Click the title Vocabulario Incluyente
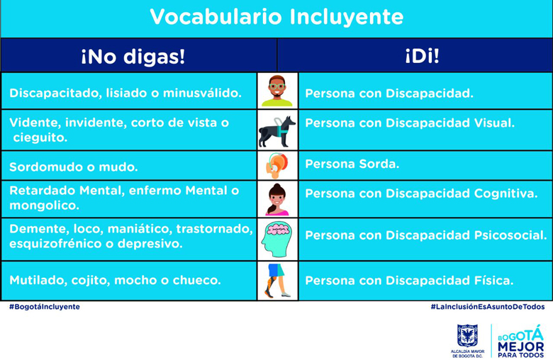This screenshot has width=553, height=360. [276, 17]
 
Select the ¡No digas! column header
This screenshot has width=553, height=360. [133, 57]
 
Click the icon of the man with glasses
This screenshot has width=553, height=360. [277, 91]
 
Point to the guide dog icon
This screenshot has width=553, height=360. [277, 130]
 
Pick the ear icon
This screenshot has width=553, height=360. [277, 166]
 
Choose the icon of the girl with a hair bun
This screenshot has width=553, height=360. [277, 200]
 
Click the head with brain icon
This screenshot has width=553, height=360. [277, 240]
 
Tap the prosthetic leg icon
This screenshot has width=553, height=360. [277, 281]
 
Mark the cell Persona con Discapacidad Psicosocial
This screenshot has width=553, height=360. [425, 235]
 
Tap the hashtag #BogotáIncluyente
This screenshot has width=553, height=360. [45, 308]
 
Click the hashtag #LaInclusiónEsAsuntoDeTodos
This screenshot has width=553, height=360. [487, 308]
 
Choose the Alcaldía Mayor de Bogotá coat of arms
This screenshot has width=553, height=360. [467, 337]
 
